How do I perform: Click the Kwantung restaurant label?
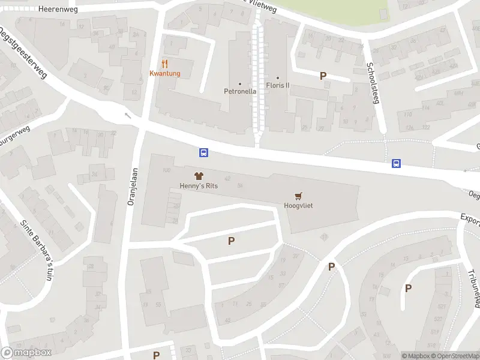164,74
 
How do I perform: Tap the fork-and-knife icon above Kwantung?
164,63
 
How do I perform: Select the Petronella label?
240,91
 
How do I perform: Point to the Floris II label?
278,85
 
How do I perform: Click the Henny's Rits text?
199,186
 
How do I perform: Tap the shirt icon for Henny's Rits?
199,176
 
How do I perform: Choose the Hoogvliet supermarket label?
298,205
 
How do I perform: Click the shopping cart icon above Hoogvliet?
298,196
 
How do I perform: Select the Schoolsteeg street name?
373,83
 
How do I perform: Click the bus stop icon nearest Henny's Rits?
204,152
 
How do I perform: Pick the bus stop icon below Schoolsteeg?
396,163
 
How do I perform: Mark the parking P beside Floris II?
323,76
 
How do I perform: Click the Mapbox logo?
26,353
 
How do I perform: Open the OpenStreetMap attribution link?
455,356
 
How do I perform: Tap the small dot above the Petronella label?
240,83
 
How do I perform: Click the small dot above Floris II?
278,77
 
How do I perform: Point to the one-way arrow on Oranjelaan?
127,115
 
